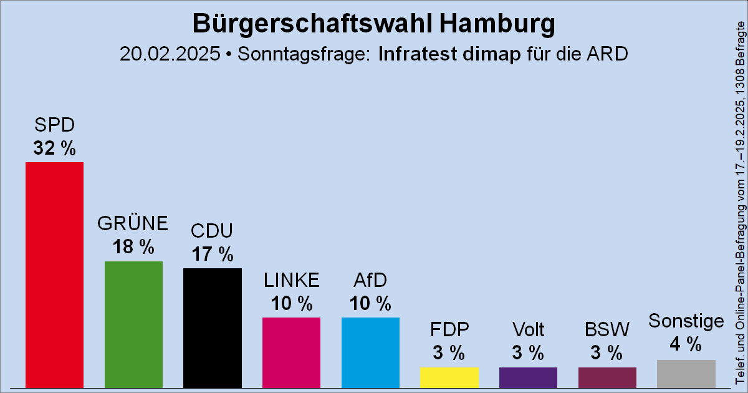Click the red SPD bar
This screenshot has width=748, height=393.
point(54,274)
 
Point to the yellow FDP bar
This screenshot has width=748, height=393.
point(449,377)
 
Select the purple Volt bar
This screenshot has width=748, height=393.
point(528,377)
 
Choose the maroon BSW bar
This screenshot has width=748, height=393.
point(607,377)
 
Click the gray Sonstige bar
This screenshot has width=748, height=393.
point(686,373)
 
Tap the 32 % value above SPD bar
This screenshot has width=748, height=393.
point(54,148)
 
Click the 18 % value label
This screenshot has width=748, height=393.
point(133,247)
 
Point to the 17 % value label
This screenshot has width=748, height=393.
point(213,254)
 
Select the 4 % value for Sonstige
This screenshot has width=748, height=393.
point(686,344)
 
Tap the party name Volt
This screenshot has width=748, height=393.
point(528,329)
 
